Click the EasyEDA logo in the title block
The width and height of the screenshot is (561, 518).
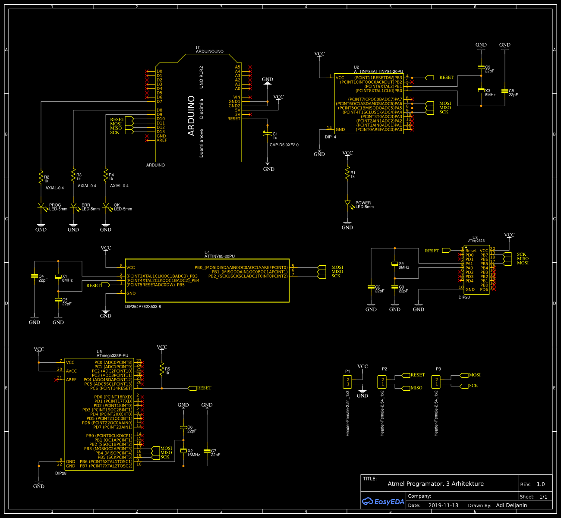click(383, 501)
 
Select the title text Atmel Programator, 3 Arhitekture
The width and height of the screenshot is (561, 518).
click(435, 483)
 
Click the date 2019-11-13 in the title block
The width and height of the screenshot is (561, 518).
click(443, 505)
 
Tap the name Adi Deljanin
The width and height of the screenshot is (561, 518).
click(511, 505)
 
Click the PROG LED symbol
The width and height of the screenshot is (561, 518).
click(41, 206)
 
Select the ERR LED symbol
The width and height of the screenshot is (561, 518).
click(73, 206)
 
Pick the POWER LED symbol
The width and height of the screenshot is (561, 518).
click(347, 203)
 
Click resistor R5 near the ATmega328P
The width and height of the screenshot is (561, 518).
click(162, 369)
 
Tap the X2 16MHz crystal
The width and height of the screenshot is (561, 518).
click(183, 451)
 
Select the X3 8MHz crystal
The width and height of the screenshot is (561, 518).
click(481, 91)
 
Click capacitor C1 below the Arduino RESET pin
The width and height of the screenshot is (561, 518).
click(268, 134)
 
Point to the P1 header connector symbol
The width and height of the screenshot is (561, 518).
click(348, 382)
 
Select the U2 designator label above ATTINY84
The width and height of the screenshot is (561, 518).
click(356, 67)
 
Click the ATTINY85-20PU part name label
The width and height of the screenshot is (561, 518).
click(219, 256)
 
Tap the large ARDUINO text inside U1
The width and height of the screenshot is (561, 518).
click(191, 116)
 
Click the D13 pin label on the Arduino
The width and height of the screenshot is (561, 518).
click(161, 132)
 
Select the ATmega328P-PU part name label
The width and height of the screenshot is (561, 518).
click(112, 355)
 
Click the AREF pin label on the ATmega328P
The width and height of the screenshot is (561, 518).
click(71, 380)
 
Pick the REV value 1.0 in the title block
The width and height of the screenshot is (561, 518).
click(540, 484)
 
